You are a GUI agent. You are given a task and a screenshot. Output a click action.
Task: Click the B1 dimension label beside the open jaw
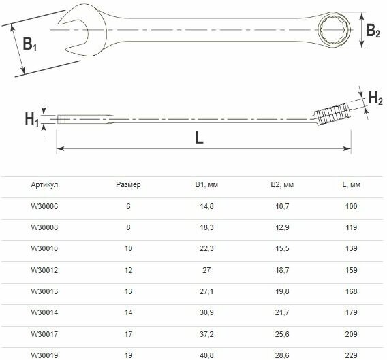point(29,44)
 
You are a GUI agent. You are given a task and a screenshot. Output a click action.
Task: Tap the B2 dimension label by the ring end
point(373,31)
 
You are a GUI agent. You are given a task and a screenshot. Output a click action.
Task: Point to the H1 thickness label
point(32,119)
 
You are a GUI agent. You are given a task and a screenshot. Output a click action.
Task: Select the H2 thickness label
point(375,98)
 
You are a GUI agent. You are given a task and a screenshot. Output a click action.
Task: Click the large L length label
point(199,137)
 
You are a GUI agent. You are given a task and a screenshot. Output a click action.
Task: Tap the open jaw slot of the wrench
point(74,35)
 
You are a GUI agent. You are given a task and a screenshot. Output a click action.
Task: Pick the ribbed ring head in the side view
point(332,114)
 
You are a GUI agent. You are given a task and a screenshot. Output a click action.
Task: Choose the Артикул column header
point(44,184)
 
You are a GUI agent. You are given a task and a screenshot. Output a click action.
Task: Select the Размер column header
point(128,184)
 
